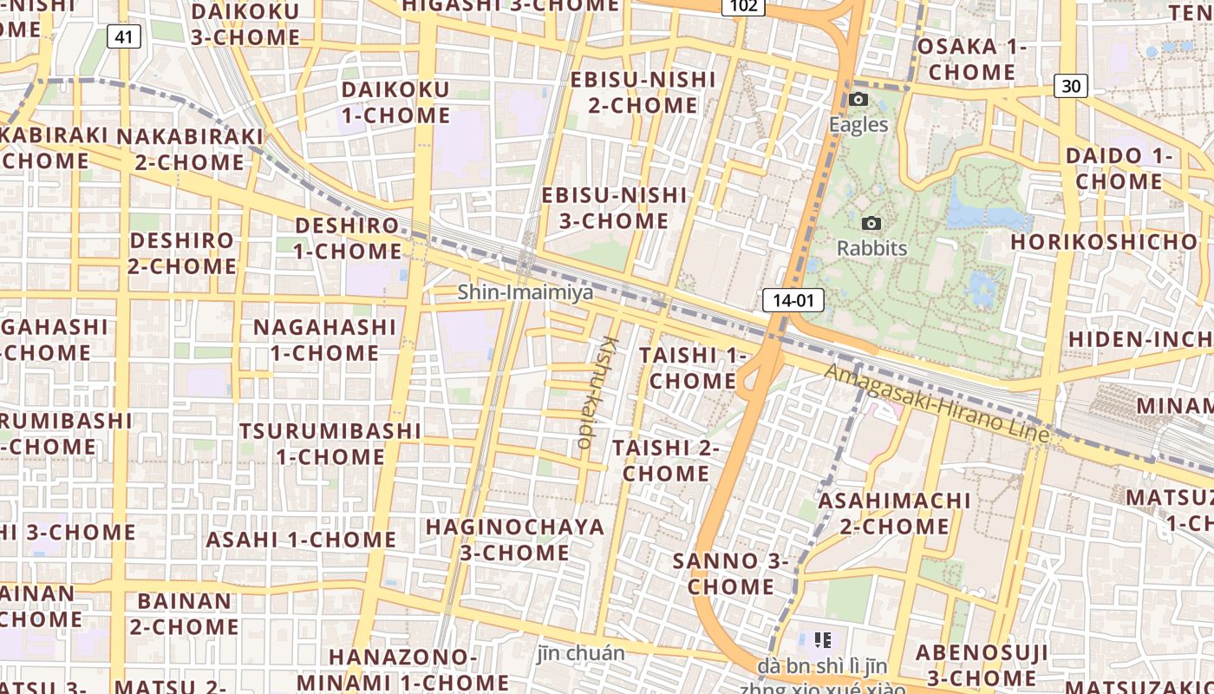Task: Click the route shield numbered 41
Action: pos(125,36)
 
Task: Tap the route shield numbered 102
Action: pos(744,6)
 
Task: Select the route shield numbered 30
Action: pos(1072,85)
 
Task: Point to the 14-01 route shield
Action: pos(793,300)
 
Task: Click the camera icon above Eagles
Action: pos(858,100)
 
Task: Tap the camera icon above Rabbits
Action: pos(871,224)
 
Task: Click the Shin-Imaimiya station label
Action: pos(525,292)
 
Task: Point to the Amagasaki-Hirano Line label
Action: pos(937,403)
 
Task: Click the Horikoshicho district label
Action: pos(1103,241)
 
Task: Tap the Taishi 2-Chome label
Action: pos(666,461)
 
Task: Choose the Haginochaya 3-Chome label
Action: pos(515,540)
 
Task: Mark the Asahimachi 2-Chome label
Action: pos(895,514)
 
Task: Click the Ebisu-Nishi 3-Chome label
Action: pos(614,208)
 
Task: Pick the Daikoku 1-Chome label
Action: pos(395,102)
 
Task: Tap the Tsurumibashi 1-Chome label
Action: pos(330,443)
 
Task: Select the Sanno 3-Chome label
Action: pos(731,573)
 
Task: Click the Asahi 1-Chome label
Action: pos(301,540)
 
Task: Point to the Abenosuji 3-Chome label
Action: pos(982,665)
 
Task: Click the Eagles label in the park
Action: pos(858,124)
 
